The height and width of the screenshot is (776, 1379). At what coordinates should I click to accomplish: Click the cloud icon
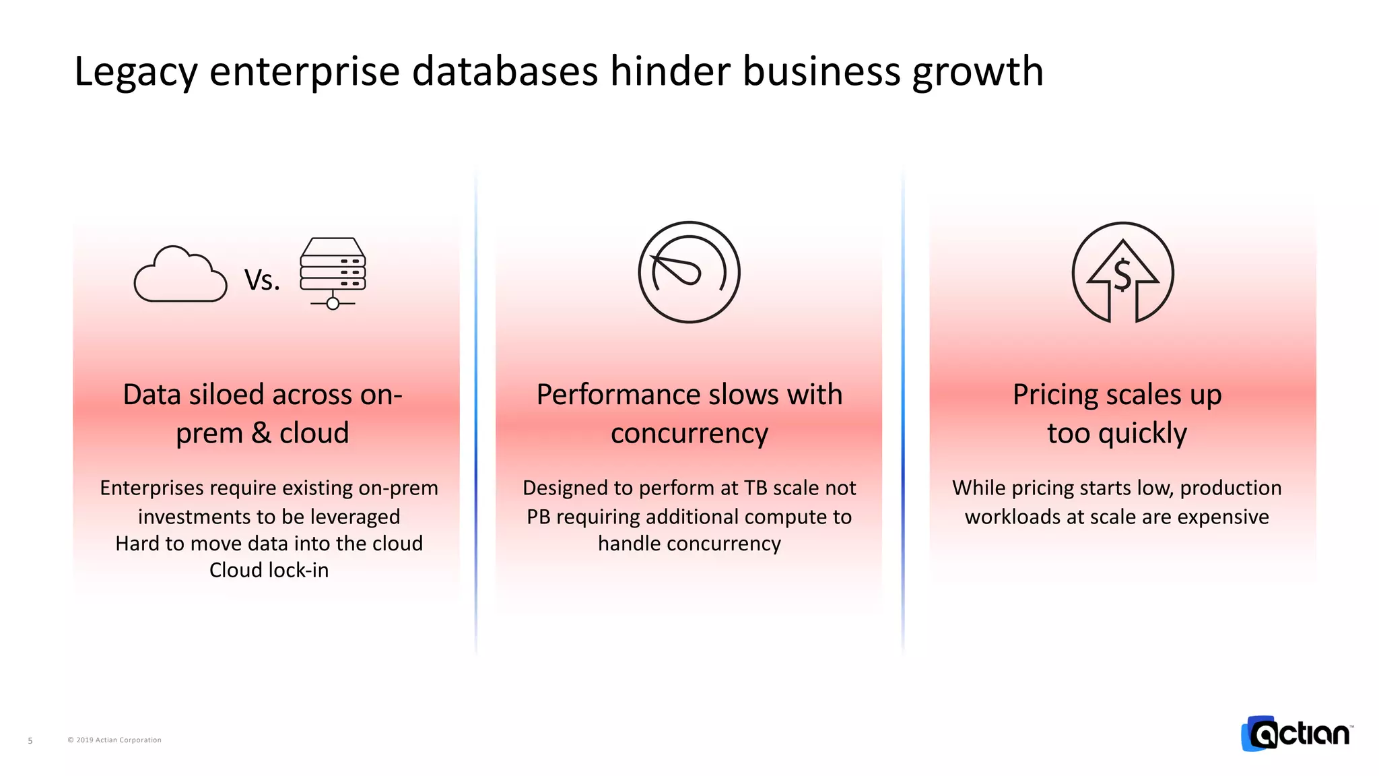click(180, 275)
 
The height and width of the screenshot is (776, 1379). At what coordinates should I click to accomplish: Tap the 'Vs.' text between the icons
click(262, 280)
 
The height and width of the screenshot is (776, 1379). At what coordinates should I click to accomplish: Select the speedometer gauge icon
click(689, 272)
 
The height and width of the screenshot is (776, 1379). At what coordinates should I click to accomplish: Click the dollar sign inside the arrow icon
click(1122, 275)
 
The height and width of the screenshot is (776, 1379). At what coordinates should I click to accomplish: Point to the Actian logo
click(1297, 733)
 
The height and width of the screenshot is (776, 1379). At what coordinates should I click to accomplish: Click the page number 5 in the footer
click(30, 740)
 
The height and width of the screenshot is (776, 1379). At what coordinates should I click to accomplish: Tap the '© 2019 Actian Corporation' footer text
click(114, 740)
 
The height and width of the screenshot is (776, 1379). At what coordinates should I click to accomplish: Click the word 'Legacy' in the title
click(135, 71)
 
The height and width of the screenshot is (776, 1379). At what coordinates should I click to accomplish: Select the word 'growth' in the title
click(977, 71)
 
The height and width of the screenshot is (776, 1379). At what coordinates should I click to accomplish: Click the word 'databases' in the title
click(504, 71)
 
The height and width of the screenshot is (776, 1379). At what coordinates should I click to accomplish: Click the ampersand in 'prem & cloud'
click(261, 433)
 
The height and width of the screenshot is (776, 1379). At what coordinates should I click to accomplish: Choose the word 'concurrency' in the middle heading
click(689, 433)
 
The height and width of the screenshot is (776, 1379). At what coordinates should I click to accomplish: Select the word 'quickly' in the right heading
click(1142, 433)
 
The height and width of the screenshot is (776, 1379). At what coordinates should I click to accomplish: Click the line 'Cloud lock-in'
click(269, 571)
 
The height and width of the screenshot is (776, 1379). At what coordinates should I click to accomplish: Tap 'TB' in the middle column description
click(756, 488)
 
